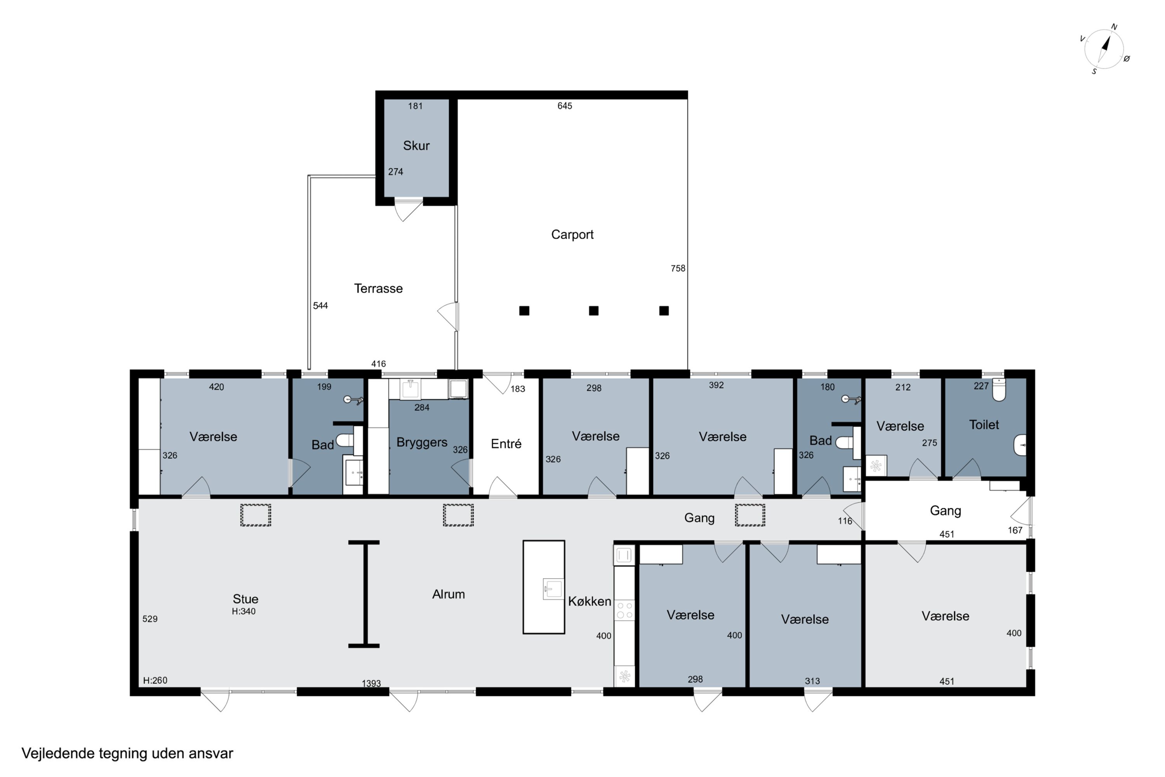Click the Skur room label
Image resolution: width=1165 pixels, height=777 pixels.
(x=416, y=146)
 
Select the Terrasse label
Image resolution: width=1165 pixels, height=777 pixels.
(x=378, y=288)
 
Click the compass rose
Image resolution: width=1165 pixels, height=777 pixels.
(x=1104, y=49)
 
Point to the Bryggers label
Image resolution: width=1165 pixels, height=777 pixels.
(x=421, y=443)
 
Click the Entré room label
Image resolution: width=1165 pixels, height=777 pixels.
(x=506, y=444)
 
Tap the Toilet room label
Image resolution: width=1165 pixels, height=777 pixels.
(x=984, y=425)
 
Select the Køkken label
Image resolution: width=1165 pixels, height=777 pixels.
(x=589, y=601)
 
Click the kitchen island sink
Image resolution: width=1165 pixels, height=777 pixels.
(x=553, y=589)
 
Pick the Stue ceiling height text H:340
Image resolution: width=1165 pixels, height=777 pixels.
(x=244, y=611)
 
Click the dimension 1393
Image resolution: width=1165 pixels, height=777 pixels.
(x=371, y=683)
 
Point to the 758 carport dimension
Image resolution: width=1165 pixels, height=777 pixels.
(x=678, y=268)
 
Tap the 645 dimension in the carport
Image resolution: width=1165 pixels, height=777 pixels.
(x=565, y=106)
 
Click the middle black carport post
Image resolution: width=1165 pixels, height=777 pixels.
(x=593, y=311)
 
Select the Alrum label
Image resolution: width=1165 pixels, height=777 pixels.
(x=448, y=594)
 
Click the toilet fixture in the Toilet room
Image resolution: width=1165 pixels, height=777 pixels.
(x=999, y=390)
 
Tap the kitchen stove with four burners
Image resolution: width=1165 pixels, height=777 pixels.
(x=624, y=610)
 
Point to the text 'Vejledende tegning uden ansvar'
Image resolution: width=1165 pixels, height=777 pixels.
(x=127, y=754)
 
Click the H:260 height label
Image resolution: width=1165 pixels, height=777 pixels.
(x=155, y=680)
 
